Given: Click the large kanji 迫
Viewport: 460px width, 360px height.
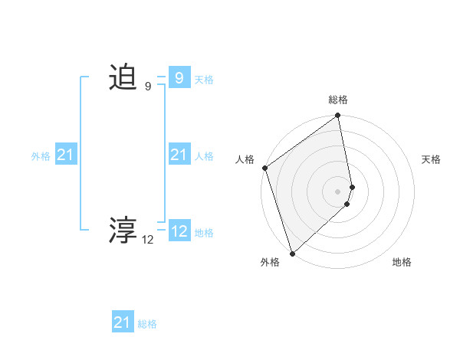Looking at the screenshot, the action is tap(123, 78).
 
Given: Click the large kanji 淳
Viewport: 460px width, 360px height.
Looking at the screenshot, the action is tap(123, 229).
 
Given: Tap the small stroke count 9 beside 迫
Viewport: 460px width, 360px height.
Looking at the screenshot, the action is tap(148, 87).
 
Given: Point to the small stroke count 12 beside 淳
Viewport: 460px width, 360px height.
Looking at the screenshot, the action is tap(147, 240).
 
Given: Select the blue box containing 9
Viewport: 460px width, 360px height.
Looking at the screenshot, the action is tap(179, 78).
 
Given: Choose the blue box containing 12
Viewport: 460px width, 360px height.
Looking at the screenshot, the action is tap(179, 231).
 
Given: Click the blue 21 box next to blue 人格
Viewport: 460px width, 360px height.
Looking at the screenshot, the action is tap(179, 155).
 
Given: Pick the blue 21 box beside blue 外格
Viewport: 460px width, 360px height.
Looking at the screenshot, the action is tap(66, 155).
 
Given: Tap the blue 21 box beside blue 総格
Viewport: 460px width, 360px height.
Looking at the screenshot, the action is tap(123, 322).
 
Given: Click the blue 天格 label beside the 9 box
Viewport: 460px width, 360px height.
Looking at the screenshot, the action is tap(204, 80).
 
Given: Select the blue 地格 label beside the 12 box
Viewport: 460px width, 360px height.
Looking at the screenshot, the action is tap(204, 233).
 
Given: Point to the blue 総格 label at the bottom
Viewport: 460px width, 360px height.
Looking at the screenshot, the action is tap(147, 324).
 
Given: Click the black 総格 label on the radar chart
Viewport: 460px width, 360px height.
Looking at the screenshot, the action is tap(338, 100).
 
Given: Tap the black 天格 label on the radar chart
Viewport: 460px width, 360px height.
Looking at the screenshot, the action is tap(432, 159).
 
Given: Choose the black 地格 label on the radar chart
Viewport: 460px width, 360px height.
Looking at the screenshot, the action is tap(402, 262).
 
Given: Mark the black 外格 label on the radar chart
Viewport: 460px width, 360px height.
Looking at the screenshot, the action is tap(270, 262).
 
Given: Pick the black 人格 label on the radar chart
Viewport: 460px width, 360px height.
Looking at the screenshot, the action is tap(245, 159).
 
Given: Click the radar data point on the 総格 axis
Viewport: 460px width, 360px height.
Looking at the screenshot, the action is tap(338, 116).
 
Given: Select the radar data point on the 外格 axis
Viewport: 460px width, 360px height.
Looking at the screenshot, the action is tap(292, 253).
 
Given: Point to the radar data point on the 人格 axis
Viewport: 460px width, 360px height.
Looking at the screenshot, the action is tap(264, 168).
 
